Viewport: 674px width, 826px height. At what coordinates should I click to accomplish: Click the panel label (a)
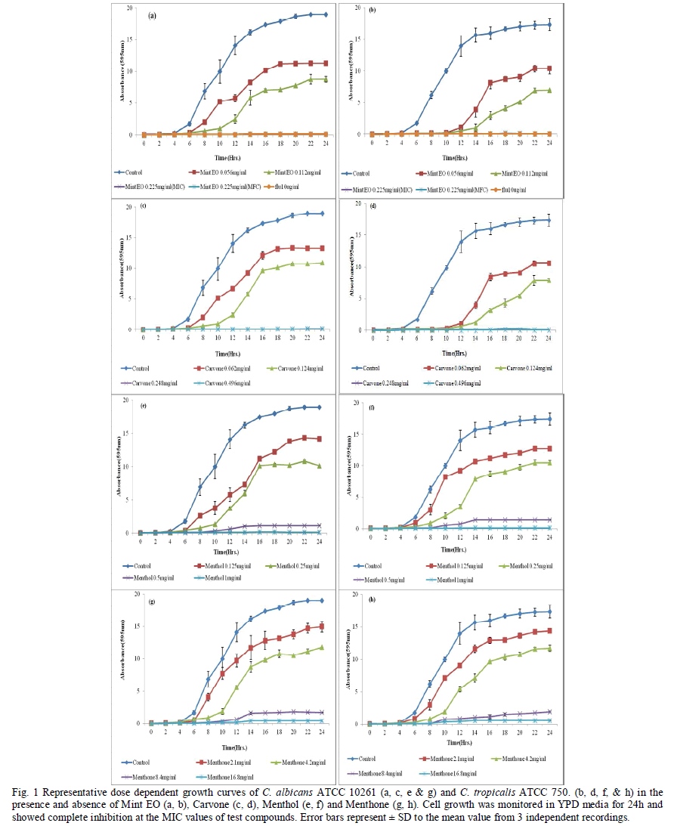pos(153,15)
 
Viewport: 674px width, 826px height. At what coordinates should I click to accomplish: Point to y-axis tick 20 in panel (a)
pos(131,8)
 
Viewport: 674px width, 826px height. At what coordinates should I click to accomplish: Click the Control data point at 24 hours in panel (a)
pos(325,14)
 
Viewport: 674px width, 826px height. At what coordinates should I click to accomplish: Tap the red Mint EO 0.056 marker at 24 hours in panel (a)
pos(325,63)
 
